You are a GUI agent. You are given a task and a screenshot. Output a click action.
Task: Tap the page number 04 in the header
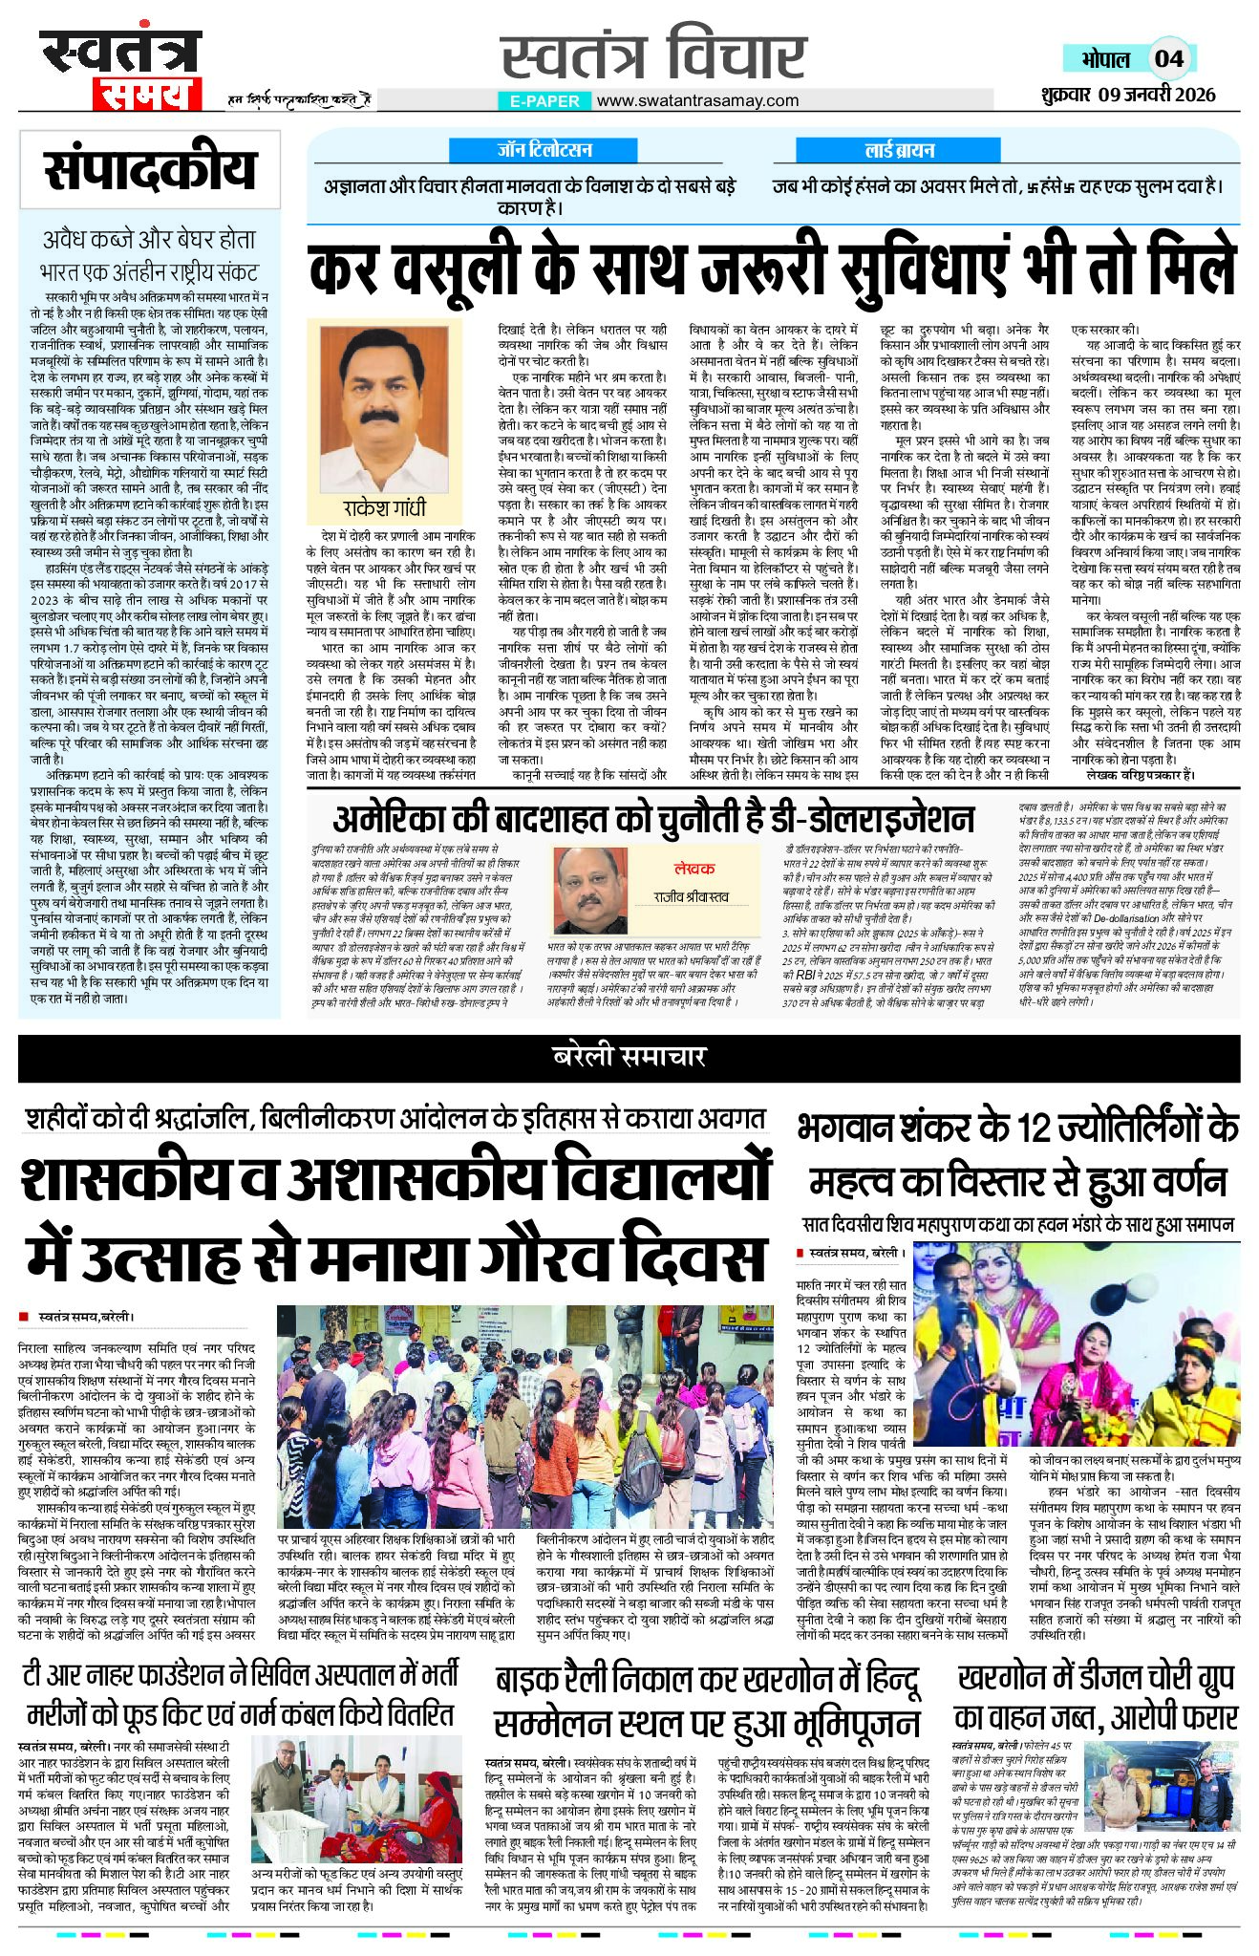pyautogui.click(x=1169, y=58)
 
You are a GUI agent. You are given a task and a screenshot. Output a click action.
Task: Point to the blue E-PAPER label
pyautogui.click(x=544, y=100)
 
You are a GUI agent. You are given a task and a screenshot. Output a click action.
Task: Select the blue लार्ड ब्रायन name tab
pyautogui.click(x=899, y=150)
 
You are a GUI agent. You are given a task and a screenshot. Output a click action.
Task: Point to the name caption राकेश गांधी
pyautogui.click(x=384, y=507)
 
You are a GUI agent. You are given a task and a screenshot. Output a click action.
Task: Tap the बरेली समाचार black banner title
pyautogui.click(x=629, y=1056)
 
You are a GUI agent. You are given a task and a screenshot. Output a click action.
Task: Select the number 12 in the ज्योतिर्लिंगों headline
pyautogui.click(x=1035, y=1128)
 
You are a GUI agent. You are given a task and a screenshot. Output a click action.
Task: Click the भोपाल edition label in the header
pyautogui.click(x=1105, y=59)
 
